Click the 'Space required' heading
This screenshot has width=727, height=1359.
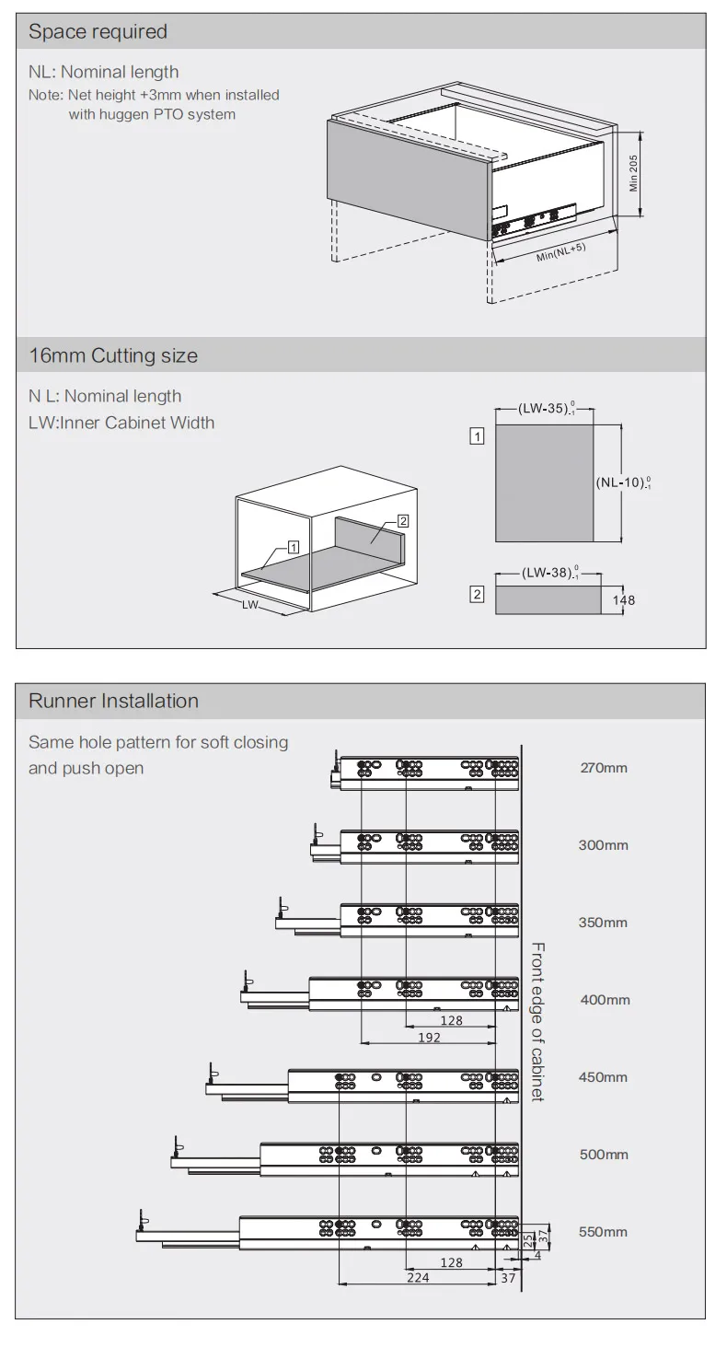(x=98, y=31)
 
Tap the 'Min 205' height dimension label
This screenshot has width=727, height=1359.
(x=634, y=173)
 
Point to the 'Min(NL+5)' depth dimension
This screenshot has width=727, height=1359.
(x=560, y=252)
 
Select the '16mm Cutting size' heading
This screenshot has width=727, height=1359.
(x=113, y=355)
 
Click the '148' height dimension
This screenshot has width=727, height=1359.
(x=623, y=600)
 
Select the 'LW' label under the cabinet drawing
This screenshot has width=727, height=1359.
(x=249, y=605)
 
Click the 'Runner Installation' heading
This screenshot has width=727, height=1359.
(x=113, y=701)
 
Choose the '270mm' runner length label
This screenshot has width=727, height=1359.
(x=604, y=768)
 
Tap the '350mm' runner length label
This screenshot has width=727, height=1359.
(x=603, y=923)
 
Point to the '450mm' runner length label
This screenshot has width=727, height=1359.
(x=603, y=1077)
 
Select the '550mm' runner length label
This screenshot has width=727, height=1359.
(x=603, y=1232)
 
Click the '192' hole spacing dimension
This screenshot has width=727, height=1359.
(x=429, y=1038)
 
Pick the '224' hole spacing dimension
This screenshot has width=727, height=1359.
(x=418, y=1278)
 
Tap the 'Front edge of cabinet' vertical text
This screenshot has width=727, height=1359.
(x=537, y=1022)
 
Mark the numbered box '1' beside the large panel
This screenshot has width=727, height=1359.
(x=478, y=436)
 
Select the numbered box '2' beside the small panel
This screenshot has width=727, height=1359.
(x=478, y=595)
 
